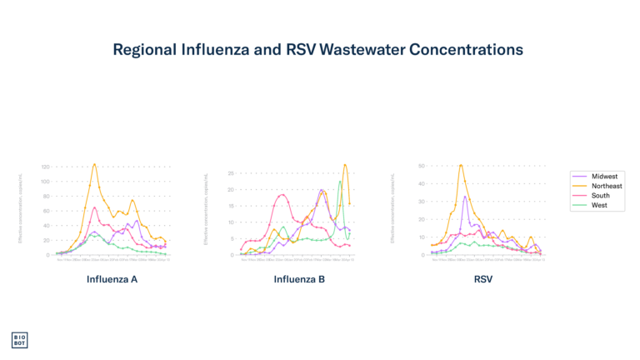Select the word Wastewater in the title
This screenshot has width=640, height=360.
(362, 50)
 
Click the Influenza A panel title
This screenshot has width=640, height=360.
(112, 279)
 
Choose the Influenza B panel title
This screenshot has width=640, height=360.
(299, 279)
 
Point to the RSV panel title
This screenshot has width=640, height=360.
(483, 279)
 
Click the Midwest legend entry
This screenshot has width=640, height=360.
(604, 177)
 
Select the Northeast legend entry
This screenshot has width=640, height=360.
(607, 186)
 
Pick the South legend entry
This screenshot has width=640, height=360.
(601, 196)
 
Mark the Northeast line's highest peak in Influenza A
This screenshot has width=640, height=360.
(95, 164)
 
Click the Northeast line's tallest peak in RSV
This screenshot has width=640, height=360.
(461, 164)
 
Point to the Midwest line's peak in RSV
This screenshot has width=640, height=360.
(465, 196)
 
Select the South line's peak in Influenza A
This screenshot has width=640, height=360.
(95, 207)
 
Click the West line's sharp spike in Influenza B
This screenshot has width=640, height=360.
(340, 182)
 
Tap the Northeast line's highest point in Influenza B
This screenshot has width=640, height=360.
(345, 164)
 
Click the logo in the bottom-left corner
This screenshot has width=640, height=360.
(19, 340)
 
